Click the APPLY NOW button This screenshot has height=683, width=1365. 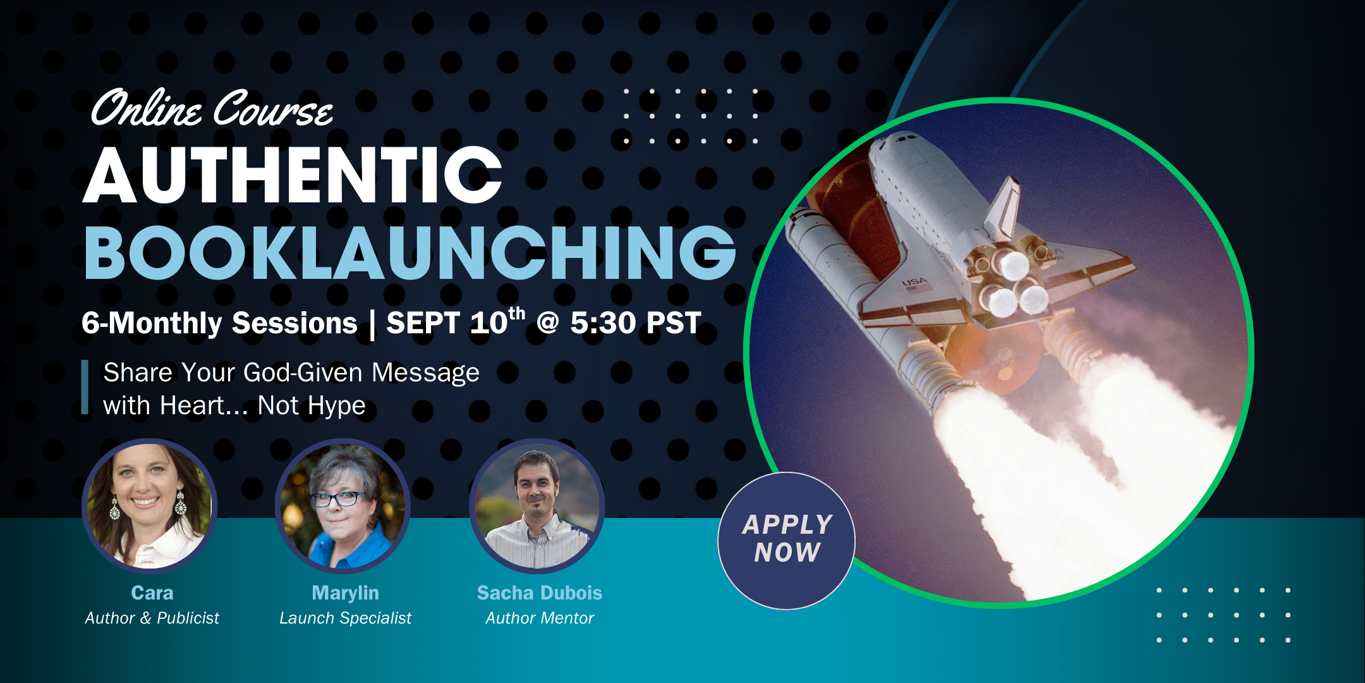787,541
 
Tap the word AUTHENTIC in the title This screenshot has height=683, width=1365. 293,175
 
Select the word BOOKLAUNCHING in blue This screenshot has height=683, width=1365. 410,252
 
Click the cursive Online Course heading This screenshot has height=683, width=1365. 212,108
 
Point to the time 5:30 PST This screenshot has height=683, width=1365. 635,323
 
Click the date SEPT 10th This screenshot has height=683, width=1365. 456,322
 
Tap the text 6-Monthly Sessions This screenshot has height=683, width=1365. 219,323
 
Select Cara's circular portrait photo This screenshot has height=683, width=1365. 150,506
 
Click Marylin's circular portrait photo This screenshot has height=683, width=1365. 343,506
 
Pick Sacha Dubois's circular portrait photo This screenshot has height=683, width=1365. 537,506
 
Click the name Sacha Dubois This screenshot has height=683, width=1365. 540,593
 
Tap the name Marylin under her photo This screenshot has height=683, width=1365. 345,593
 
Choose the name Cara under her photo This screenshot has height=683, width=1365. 152,593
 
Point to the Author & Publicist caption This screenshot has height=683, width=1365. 152,618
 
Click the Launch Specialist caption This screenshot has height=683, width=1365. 345,618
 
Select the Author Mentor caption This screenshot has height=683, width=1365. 540,618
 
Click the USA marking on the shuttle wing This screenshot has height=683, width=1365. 914,281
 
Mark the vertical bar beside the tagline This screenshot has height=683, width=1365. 85,387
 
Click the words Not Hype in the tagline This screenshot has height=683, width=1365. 312,406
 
